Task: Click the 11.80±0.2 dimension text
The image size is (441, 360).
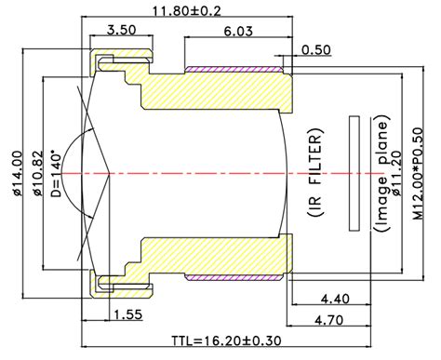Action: [187, 11]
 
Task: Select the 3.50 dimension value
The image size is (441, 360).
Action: [121, 30]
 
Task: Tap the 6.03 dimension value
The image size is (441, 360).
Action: [238, 31]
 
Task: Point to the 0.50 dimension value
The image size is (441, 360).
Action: [316, 49]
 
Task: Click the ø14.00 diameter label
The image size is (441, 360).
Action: [18, 173]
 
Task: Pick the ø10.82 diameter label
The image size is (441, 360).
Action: [37, 173]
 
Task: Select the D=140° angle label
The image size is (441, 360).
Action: [57, 173]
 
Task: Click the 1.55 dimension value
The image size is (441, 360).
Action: [128, 314]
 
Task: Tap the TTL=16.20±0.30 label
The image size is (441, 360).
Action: [227, 340]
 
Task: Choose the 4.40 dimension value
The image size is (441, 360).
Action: [335, 300]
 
